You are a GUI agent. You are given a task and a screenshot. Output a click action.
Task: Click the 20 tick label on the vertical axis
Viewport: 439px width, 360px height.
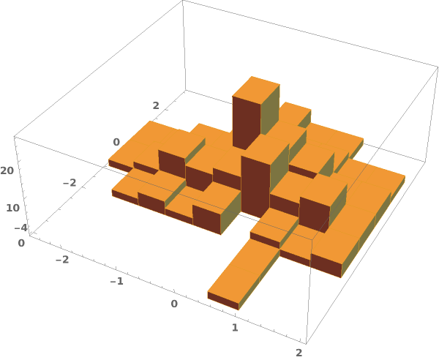pos(7,170)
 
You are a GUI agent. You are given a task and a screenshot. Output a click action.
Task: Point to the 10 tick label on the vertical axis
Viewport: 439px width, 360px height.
pos(13,208)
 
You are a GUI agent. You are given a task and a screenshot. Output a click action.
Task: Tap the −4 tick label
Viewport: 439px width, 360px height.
pos(21,228)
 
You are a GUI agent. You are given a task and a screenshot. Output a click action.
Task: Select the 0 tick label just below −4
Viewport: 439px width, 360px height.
pos(21,243)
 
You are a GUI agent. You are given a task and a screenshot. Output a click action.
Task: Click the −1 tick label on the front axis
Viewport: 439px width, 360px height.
pos(117,281)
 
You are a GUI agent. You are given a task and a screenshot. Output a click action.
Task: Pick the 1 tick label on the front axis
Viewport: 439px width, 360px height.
pos(235,328)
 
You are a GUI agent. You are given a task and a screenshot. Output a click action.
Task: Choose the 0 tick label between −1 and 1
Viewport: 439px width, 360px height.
pos(174,304)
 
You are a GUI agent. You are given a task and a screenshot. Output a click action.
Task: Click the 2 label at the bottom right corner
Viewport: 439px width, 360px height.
pos(299,353)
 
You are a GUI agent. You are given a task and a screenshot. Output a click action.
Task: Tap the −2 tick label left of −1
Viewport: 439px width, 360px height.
pos(62,260)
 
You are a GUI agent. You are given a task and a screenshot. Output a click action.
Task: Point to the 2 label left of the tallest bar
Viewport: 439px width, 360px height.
pos(156,105)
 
